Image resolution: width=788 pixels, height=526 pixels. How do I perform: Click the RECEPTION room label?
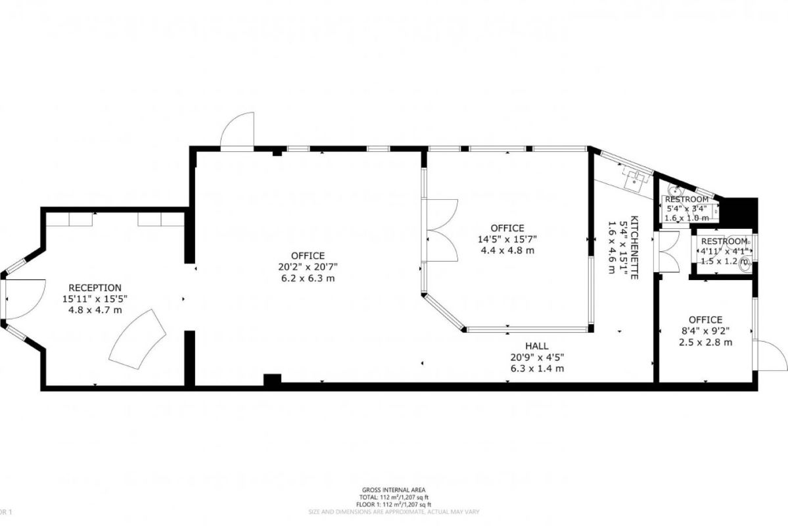[x=95, y=287]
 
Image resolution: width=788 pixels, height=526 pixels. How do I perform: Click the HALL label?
[x=536, y=346]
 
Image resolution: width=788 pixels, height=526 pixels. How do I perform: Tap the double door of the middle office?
[x=442, y=230]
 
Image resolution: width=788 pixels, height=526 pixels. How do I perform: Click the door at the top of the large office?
[x=237, y=131]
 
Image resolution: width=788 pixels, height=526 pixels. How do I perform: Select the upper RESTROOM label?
[x=687, y=200]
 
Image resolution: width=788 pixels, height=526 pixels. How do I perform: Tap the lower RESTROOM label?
[x=724, y=241]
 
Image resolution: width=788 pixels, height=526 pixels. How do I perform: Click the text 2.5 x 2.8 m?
[x=705, y=342]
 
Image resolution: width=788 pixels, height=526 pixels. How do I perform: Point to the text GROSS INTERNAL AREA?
[x=394, y=490]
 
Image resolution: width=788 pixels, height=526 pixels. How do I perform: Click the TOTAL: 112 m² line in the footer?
[x=394, y=497]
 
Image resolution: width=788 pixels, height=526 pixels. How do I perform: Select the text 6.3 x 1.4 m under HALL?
[x=536, y=368]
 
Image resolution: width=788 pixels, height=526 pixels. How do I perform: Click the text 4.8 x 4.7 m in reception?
[x=95, y=309]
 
